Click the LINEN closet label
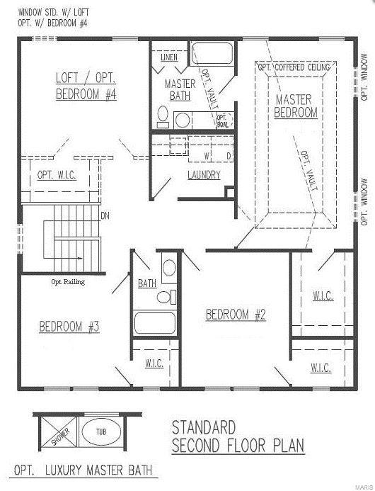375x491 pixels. click(x=168, y=57)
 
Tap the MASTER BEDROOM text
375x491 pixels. click(x=296, y=106)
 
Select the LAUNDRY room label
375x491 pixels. click(x=204, y=175)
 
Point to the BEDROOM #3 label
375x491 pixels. click(x=69, y=327)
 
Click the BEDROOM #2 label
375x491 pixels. click(x=236, y=315)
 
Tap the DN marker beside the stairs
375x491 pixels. click(x=105, y=215)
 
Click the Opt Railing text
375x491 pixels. click(x=67, y=281)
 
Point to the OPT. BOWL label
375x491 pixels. click(x=222, y=121)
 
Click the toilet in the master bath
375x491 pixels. click(x=162, y=115)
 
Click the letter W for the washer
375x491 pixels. click(x=207, y=155)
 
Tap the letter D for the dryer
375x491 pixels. click(x=229, y=155)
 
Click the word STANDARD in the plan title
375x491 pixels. click(x=203, y=427)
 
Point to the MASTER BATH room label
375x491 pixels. click(x=180, y=89)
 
